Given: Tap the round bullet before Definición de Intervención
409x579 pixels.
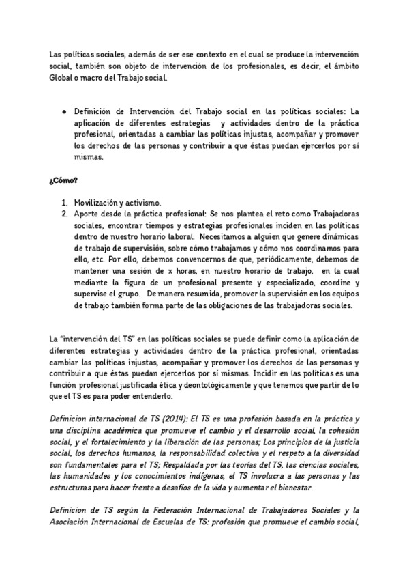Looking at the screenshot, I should click(x=63, y=110).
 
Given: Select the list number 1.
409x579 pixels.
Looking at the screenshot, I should click(x=63, y=203).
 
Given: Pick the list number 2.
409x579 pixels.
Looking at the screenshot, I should click(x=63, y=214).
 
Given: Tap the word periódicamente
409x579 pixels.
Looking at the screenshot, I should click(x=287, y=260).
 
